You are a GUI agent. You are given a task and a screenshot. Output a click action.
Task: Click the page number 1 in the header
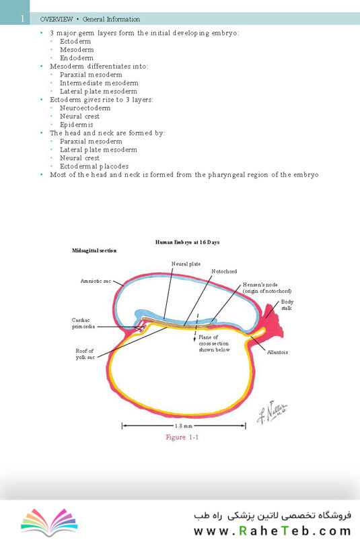pos(22,19)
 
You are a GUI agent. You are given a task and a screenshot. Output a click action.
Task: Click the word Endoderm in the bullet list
pos(77,58)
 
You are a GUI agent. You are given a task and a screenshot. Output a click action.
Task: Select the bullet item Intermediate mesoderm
pos(99,83)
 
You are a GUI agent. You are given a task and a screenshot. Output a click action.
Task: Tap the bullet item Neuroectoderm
pos(85,108)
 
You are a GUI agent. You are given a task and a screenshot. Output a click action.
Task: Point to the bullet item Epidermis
pos(77,125)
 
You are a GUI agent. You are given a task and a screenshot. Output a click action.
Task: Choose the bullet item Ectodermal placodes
pos(94,166)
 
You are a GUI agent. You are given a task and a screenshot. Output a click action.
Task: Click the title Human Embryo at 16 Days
pos(187,242)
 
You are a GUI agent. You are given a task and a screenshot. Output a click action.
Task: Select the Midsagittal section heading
pos(94,250)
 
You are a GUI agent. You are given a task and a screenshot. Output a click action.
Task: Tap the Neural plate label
pos(186,264)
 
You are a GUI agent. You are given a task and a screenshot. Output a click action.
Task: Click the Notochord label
pos(224,271)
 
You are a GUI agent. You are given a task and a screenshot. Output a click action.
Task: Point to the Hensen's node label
pos(267,288)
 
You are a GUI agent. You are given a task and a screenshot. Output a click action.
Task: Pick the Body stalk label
pos(287,305)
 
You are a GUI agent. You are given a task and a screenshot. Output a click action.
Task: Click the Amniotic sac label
pos(96,281)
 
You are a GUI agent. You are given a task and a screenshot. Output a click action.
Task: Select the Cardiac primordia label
pos(83,323)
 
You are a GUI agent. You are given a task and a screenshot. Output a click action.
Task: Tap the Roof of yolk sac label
pos(85,354)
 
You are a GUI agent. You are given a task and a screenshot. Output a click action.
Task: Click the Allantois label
pos(277,352)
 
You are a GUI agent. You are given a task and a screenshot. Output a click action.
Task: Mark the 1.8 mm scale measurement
pos(184,426)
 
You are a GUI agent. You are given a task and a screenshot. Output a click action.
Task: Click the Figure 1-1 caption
pos(182,437)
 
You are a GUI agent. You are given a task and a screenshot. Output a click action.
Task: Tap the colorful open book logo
pos(49,521)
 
